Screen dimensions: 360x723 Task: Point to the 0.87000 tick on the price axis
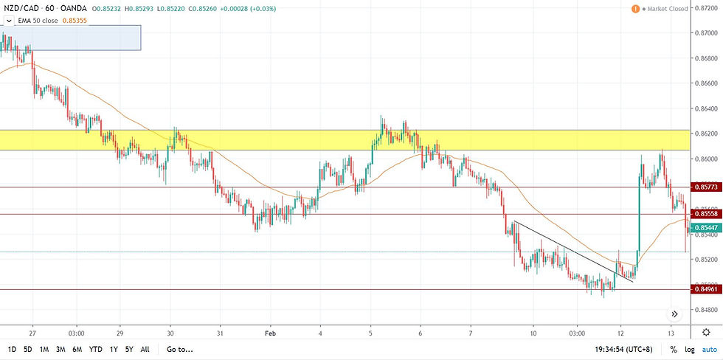click(x=706, y=33)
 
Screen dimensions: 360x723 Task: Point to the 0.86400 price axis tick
click(x=706, y=109)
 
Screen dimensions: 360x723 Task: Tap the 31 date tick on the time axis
click(x=220, y=332)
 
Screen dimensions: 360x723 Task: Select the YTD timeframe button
click(x=95, y=349)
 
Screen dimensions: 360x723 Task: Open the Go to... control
click(x=181, y=349)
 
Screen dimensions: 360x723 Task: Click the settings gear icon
click(x=706, y=332)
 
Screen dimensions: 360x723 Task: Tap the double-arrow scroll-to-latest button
click(x=674, y=314)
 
